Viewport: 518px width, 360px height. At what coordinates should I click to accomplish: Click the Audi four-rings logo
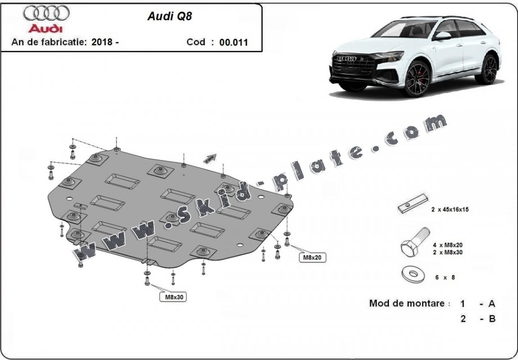(x=46, y=13)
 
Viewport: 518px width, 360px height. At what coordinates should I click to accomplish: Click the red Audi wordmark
(x=45, y=28)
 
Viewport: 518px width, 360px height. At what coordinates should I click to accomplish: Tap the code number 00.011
(x=233, y=43)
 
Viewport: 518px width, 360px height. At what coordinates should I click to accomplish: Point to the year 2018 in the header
(x=102, y=43)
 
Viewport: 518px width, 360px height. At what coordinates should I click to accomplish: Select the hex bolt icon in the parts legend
(x=414, y=243)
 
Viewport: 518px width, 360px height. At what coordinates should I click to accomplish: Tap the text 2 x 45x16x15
(x=450, y=209)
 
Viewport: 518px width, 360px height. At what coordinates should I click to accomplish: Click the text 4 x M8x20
(x=448, y=245)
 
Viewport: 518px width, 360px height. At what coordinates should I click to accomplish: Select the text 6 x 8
(x=445, y=277)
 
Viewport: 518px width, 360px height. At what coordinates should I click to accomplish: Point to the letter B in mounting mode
(x=492, y=319)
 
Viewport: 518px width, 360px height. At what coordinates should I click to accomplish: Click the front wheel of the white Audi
(x=417, y=79)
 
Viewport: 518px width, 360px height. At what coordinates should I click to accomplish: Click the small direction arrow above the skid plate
(x=210, y=158)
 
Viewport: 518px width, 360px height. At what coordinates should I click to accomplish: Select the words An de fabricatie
(x=48, y=43)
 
